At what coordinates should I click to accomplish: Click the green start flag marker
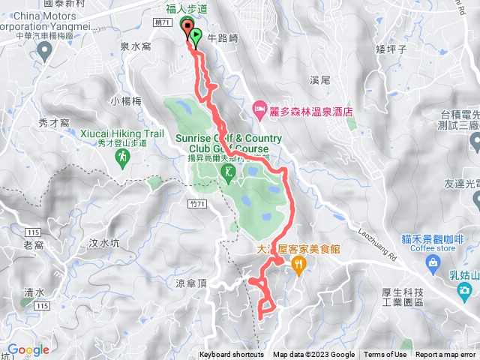(196, 36)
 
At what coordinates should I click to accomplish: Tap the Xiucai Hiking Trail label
(122, 133)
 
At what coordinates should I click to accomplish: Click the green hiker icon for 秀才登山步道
(121, 157)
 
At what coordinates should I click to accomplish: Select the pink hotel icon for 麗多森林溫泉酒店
(259, 109)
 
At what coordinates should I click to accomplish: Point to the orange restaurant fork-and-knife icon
(299, 263)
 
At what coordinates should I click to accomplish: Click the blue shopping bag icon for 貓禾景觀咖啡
(433, 262)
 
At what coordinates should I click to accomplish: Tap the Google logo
(28, 349)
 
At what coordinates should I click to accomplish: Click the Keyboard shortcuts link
(232, 355)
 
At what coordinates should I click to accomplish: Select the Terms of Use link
(385, 355)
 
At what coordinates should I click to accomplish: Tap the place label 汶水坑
(103, 242)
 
